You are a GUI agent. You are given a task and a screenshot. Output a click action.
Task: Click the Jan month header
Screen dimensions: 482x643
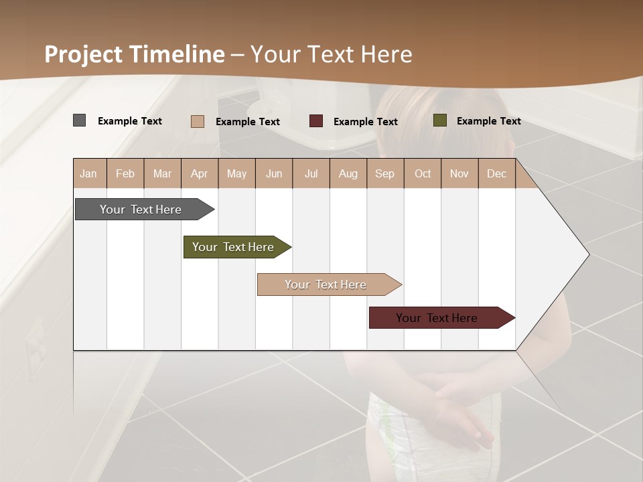[88, 173]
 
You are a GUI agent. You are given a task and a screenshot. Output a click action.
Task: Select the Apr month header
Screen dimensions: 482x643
[199, 173]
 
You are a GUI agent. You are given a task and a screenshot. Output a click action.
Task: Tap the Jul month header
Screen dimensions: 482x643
[311, 173]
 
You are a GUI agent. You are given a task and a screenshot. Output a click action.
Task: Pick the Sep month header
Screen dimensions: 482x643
[384, 173]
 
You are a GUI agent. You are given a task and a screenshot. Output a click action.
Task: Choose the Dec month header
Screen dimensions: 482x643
[496, 173]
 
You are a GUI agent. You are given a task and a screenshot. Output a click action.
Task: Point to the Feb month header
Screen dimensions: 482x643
[125, 173]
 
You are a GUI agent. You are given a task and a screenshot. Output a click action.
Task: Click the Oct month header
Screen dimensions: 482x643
[423, 173]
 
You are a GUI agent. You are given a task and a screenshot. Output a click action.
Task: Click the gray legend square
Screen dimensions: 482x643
[80, 120]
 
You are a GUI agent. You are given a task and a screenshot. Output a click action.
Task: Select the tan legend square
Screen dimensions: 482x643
[198, 121]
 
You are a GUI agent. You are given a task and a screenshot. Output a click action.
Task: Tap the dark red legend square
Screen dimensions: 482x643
[316, 121]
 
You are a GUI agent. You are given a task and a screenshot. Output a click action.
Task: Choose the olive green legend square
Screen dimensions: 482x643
[440, 120]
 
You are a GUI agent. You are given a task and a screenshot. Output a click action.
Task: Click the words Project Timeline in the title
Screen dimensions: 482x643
[135, 54]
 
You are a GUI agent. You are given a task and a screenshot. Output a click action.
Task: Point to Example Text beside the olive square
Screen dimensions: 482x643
[488, 121]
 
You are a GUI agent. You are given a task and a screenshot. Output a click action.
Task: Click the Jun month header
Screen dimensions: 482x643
[274, 173]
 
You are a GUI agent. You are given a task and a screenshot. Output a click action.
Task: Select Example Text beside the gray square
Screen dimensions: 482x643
[130, 121]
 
